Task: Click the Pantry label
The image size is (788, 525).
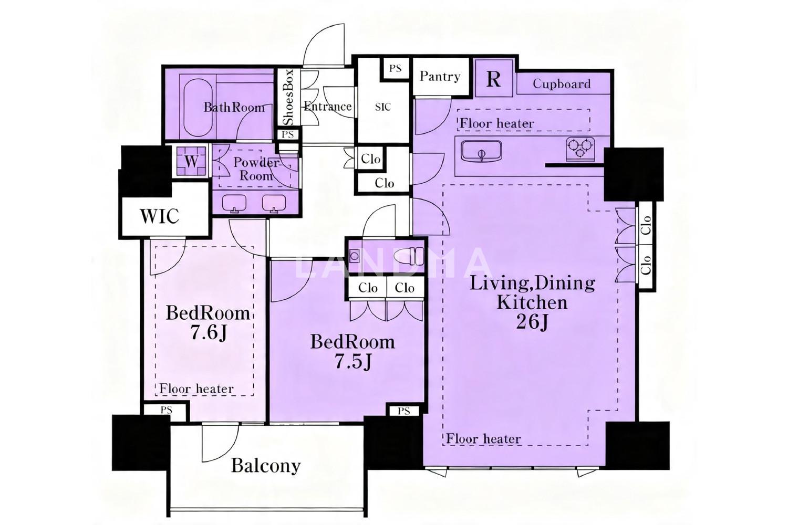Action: coord(440,76)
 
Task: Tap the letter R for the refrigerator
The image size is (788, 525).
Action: coord(493,79)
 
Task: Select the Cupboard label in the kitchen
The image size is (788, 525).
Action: coord(562,83)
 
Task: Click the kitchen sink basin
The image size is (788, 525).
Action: coord(482,151)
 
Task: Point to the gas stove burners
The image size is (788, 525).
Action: coord(580,148)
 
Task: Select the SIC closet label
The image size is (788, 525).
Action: coord(383,107)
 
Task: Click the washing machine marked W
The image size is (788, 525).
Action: coord(191,161)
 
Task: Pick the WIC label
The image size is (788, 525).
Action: coord(159,216)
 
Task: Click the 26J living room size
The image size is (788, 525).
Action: coord(532,321)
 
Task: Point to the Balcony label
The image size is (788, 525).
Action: coord(266,466)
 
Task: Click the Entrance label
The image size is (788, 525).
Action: coord(327,106)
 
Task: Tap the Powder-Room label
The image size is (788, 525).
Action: coord(256,169)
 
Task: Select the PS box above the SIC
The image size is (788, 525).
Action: coord(396,68)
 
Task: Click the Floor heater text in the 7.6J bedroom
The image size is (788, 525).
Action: coord(196,389)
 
